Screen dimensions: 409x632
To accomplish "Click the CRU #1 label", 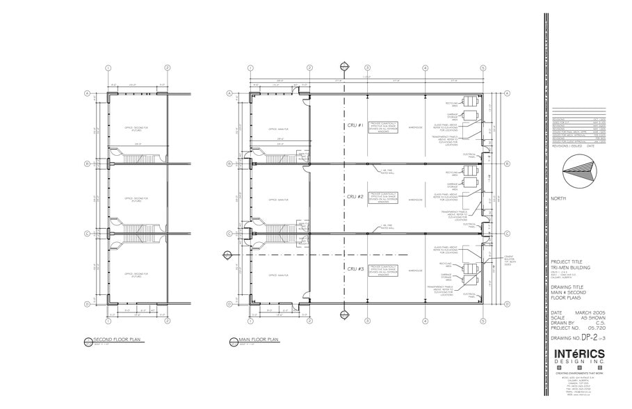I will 355,125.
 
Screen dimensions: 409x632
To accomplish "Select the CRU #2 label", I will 355,198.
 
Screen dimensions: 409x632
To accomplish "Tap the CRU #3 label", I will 355,268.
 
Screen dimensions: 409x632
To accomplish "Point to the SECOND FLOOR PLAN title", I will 113,340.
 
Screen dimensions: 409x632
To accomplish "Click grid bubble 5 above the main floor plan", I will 482,68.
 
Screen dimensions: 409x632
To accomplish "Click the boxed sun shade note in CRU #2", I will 382,198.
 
